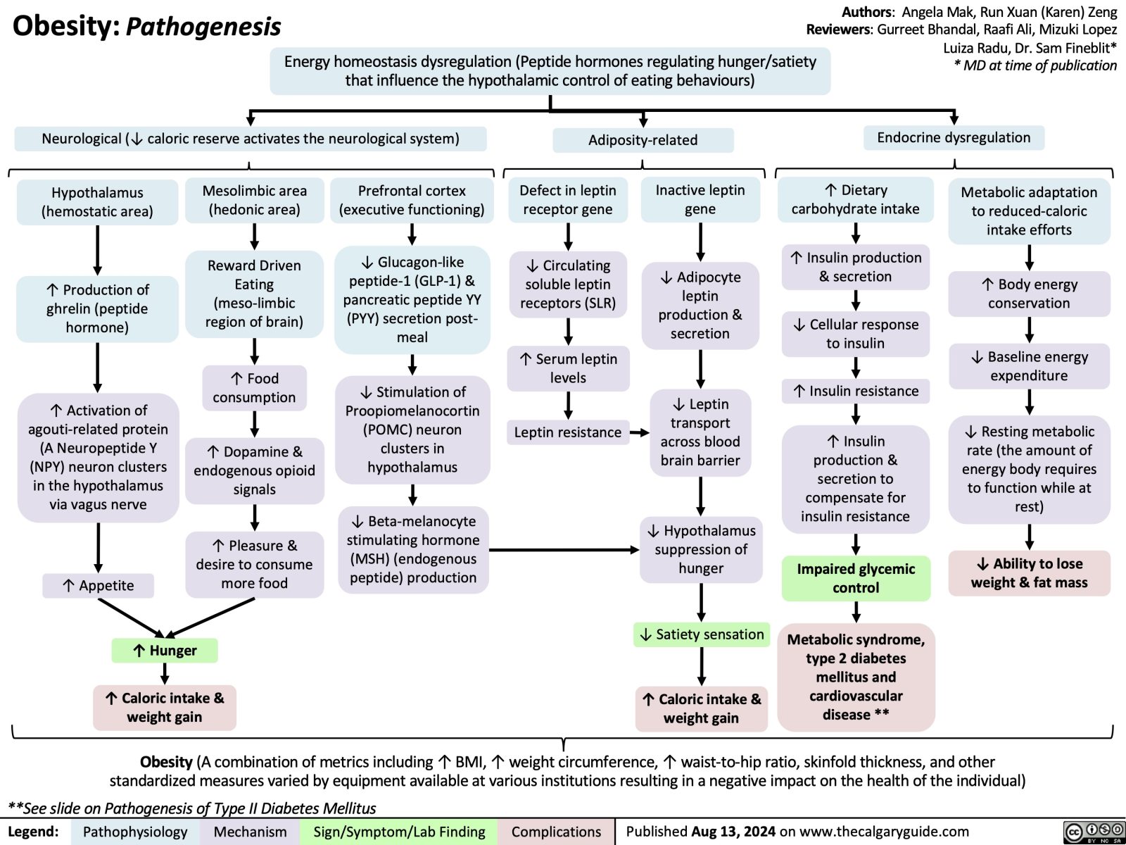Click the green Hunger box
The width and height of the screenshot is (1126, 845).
coord(165,651)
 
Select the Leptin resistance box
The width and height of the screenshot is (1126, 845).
coord(567,432)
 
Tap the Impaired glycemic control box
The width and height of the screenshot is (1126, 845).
coord(856,578)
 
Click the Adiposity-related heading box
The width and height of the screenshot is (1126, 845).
coord(643,140)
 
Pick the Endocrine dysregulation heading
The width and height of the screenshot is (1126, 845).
coord(954,138)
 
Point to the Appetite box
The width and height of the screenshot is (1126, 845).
coord(98,585)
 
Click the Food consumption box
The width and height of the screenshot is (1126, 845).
coord(254,388)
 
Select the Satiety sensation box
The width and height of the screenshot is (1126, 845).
coord(702,634)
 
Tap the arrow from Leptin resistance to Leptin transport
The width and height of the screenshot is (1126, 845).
coord(640,432)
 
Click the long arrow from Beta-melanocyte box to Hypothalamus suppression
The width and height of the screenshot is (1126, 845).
coord(563,549)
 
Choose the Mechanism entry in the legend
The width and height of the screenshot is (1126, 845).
coord(250,832)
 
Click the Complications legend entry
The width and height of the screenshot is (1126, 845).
coord(556,832)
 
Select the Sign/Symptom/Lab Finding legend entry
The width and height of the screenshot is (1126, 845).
coord(399,832)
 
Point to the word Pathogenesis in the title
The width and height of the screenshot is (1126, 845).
coord(203,27)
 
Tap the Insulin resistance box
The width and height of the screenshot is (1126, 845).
coord(856,391)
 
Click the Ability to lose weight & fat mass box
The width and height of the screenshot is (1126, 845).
coord(1029,573)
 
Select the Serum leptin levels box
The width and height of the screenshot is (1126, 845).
coord(568,368)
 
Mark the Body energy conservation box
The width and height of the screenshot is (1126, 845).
coord(1029,294)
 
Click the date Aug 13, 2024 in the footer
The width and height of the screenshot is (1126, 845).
coord(733,832)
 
